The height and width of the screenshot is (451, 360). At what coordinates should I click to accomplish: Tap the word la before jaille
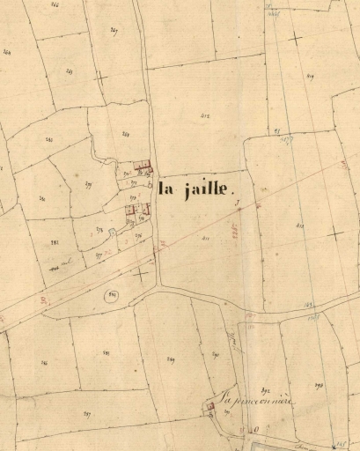(167, 187)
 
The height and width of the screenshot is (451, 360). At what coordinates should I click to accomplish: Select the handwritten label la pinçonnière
(257, 398)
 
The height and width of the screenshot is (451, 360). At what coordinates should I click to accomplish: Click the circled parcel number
(112, 294)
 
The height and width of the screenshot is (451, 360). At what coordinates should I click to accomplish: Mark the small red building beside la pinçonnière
(210, 405)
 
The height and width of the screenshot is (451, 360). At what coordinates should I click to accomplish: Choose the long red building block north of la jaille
(142, 166)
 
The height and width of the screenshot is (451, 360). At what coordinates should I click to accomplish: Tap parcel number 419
(311, 77)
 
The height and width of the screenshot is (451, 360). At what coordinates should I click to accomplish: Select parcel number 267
(114, 31)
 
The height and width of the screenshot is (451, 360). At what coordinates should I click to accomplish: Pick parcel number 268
(126, 134)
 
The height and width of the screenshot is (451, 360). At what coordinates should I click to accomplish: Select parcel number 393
(319, 385)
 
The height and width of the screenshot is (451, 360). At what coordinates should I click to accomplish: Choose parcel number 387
(86, 412)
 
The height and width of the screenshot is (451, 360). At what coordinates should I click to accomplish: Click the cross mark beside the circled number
(141, 274)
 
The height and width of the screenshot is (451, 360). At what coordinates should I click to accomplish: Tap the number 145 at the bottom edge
(342, 444)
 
